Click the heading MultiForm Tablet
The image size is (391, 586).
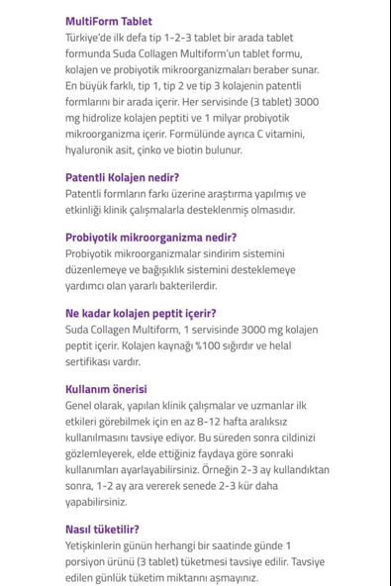pos(109,21)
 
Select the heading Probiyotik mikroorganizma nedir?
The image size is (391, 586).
pos(150,238)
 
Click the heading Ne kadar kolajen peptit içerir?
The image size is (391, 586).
pos(147,313)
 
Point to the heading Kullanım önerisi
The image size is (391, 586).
pos(106,389)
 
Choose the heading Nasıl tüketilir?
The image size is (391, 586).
pos(102,530)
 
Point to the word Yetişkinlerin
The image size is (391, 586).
pos(102,545)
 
